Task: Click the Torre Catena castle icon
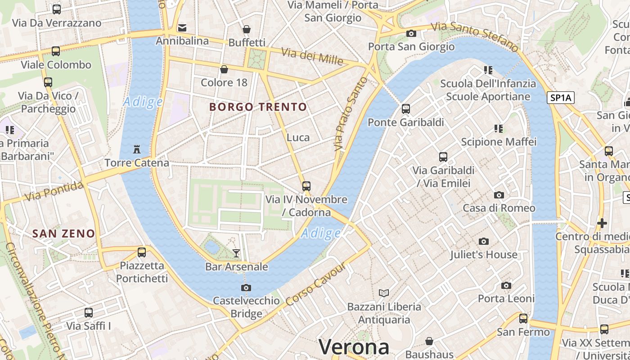[137, 149]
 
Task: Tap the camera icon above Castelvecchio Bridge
[246, 288]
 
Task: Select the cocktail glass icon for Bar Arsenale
[236, 253]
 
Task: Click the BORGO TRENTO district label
[258, 107]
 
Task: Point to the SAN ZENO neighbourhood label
[64, 234]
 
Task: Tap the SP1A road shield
[561, 98]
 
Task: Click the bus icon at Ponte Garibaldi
[406, 109]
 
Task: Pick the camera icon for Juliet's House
[484, 242]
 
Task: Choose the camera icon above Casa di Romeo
[499, 195]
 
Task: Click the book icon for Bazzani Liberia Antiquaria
[384, 293]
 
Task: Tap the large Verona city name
[354, 347]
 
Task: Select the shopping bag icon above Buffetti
[247, 30]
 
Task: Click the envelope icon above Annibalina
[182, 28]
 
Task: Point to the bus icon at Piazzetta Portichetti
[142, 252]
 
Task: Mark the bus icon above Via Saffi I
[89, 312]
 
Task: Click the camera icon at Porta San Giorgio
[411, 33]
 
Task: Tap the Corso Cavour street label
[315, 284]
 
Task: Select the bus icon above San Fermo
[523, 319]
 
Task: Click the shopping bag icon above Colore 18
[224, 69]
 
